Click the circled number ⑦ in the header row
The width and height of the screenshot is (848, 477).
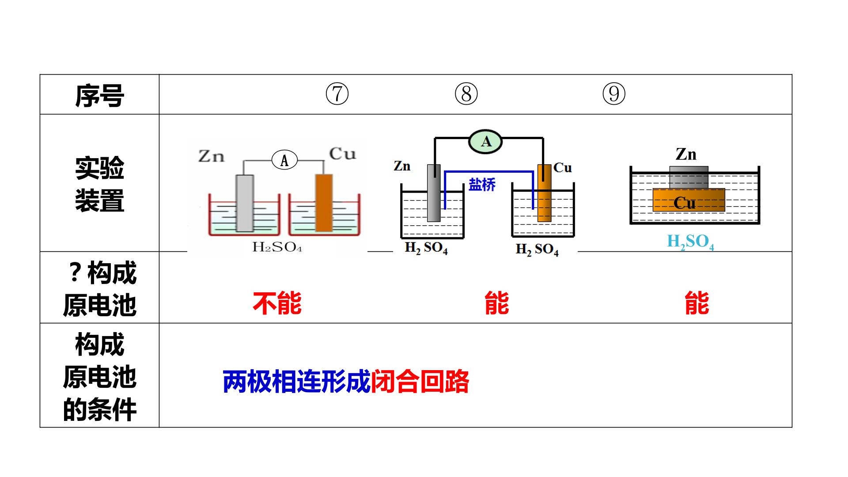[337, 94]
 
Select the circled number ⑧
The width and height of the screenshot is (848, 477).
[466, 94]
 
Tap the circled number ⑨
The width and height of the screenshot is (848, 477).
[614, 94]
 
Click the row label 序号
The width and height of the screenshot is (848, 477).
[99, 95]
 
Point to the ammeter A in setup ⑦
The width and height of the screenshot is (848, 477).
[284, 160]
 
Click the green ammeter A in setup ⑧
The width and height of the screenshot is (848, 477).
[486, 141]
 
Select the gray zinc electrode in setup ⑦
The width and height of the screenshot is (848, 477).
[245, 203]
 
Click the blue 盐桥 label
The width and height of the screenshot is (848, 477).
[482, 184]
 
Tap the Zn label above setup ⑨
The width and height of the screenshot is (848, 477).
[686, 154]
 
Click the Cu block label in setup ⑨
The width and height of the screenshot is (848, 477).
[685, 203]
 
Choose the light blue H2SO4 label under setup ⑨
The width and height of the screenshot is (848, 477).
[690, 242]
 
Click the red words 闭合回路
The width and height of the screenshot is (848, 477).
[420, 382]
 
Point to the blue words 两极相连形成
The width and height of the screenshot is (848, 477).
[296, 382]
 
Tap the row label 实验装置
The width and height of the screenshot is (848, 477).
[99, 185]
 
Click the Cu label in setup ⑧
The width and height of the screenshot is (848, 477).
[562, 168]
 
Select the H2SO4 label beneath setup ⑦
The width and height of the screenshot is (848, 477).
[277, 246]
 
